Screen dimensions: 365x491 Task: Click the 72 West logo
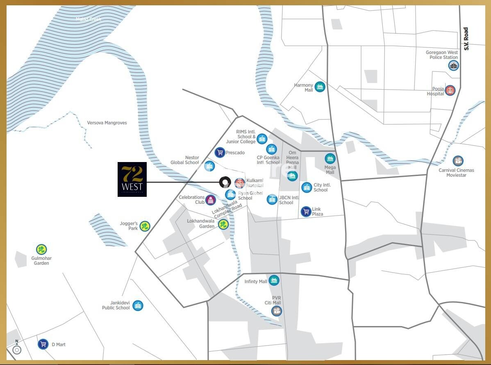click(132, 179)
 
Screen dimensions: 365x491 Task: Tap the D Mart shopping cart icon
click(43, 344)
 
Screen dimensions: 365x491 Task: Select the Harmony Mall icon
click(320, 87)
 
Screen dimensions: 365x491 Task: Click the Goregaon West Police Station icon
click(453, 65)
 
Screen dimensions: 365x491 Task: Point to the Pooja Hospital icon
click(450, 90)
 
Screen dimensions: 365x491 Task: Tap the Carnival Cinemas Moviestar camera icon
click(458, 161)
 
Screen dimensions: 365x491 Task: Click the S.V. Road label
click(466, 39)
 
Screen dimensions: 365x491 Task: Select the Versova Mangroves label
click(107, 123)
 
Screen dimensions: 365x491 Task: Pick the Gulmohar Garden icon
click(41, 249)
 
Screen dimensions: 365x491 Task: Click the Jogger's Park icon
click(145, 226)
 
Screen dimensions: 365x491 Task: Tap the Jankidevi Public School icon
click(138, 305)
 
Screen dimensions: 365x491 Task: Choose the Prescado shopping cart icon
click(220, 153)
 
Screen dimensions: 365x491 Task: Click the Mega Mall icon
click(330, 159)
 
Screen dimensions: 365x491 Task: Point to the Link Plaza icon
click(306, 212)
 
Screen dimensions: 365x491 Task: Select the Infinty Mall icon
click(274, 281)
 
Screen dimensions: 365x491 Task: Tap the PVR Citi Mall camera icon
click(277, 311)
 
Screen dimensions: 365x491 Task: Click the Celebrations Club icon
click(211, 200)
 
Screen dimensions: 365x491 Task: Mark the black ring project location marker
click(225, 182)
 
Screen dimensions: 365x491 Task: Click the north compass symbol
click(17, 349)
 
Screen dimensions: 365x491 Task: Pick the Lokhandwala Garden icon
click(223, 224)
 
